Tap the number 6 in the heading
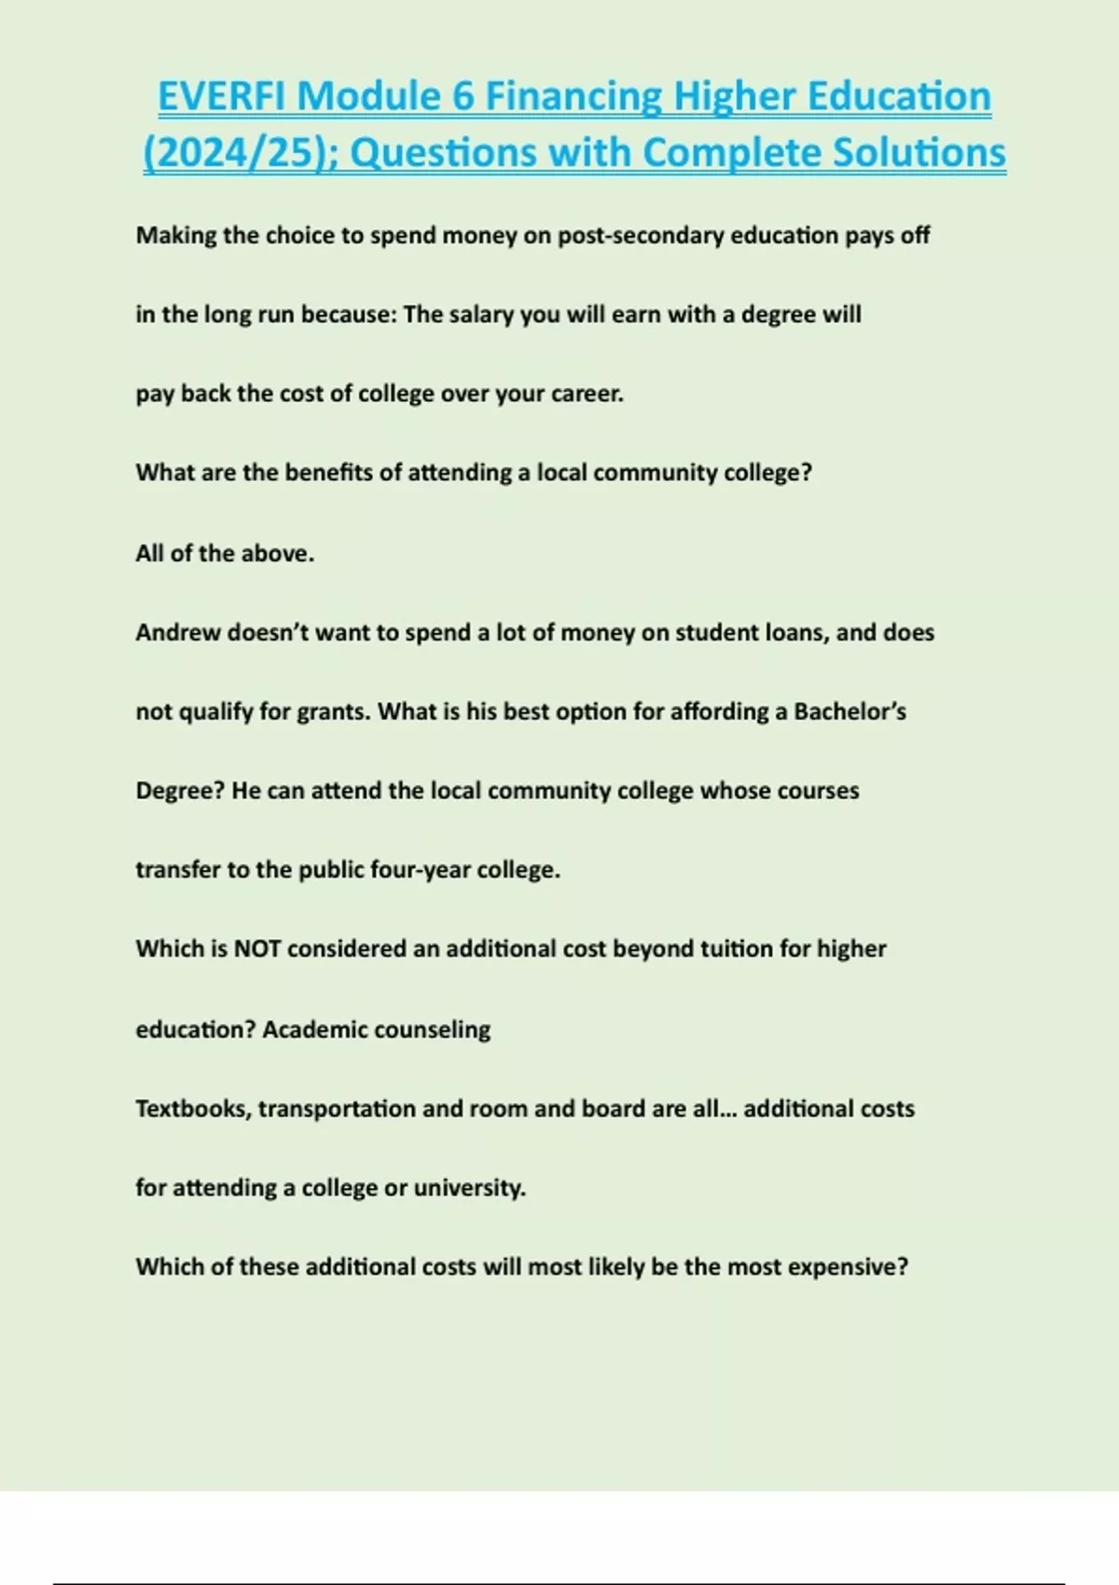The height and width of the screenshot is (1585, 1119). click(463, 96)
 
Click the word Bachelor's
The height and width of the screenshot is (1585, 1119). click(850, 712)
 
